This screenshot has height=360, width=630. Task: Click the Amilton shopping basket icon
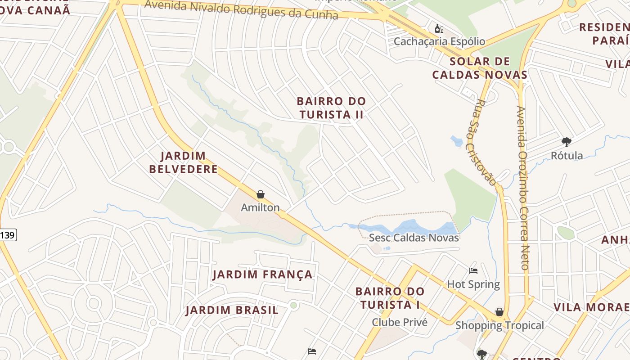click(260, 194)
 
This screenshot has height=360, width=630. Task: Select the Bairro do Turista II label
click(332, 108)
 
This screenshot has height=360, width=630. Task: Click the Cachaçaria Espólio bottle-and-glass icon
click(439, 29)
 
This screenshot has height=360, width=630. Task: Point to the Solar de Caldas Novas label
click(480, 68)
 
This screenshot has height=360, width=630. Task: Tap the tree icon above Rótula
click(567, 142)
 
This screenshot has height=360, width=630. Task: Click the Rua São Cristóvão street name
click(481, 142)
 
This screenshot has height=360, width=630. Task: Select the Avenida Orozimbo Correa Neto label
click(523, 188)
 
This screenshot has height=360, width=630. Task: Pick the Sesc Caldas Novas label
click(414, 238)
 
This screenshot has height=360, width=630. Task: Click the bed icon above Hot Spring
click(473, 271)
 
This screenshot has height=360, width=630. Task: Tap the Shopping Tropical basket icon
click(499, 312)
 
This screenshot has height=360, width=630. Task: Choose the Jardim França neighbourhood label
click(262, 274)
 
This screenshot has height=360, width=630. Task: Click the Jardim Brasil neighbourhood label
click(232, 310)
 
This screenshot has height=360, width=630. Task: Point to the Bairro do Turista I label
click(390, 298)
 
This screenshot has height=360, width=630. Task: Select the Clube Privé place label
click(399, 322)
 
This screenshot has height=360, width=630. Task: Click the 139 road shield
click(8, 235)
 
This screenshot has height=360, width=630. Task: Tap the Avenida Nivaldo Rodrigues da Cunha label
click(241, 10)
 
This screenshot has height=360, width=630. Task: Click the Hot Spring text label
click(473, 284)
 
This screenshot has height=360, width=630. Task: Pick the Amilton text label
click(260, 207)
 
